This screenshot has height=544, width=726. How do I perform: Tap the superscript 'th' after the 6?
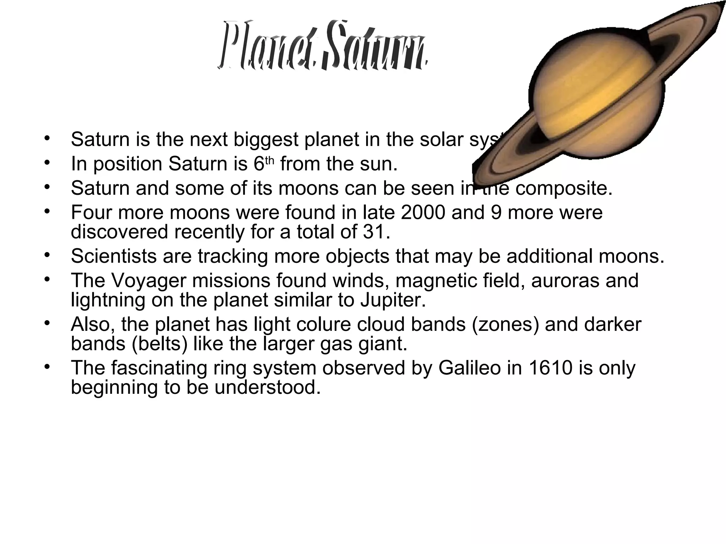click(x=270, y=161)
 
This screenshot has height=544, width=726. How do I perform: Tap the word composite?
click(x=564, y=188)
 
